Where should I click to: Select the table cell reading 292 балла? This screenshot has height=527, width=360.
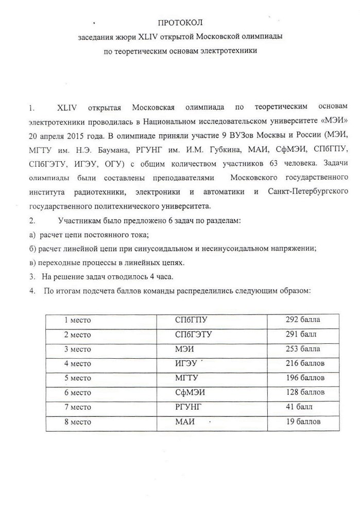pyautogui.click(x=302, y=320)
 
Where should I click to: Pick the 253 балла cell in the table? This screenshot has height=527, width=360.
pyautogui.click(x=302, y=348)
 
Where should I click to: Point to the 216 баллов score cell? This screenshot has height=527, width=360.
pyautogui.click(x=305, y=363)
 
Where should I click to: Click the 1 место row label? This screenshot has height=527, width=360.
pyautogui.click(x=77, y=320)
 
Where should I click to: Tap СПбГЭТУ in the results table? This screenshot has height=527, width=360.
pyautogui.click(x=194, y=334)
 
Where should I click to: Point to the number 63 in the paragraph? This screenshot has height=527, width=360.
pyautogui.click(x=272, y=164)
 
